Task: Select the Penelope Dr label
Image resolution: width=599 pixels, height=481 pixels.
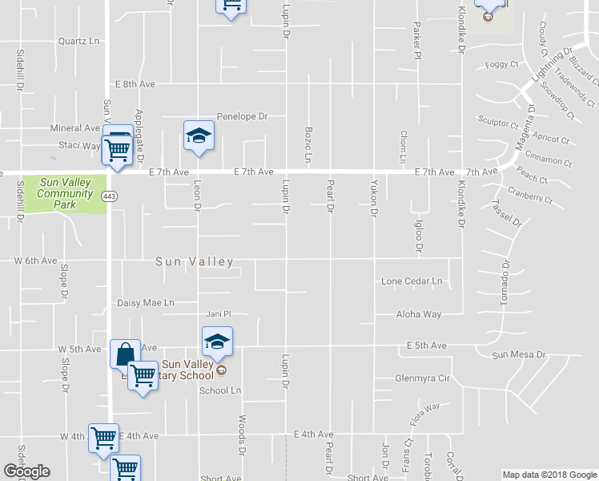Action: [242, 116]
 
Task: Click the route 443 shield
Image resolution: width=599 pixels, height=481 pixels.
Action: [109, 196]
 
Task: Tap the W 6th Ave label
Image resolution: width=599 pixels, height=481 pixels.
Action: [35, 261]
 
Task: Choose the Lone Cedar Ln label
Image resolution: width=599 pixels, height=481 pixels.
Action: [412, 281]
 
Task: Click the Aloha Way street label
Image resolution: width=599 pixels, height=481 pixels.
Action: [419, 315]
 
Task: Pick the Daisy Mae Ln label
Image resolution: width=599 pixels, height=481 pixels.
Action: [146, 303]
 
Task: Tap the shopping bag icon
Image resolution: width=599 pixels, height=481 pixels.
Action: [126, 354]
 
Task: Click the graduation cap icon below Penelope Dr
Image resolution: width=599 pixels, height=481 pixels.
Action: [199, 135]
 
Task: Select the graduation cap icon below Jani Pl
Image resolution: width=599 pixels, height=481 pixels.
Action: [216, 342]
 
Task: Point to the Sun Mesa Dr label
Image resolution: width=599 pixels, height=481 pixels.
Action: [518, 354]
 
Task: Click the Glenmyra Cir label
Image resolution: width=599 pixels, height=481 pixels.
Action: [424, 378]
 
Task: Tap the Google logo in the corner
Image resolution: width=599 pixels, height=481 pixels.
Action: [27, 471]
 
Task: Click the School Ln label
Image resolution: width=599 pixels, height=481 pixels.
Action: [220, 390]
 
